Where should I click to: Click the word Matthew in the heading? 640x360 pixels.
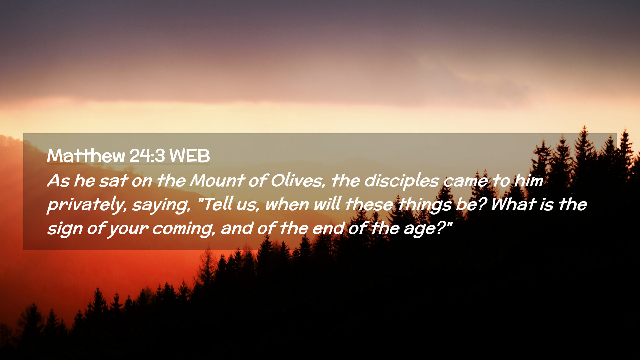click(86, 155)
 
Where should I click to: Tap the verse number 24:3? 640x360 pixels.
click(147, 155)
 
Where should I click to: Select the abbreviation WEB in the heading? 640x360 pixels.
click(189, 155)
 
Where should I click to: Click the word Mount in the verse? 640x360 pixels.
click(217, 181)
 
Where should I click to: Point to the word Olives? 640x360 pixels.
click(297, 181)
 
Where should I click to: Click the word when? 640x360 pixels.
click(287, 205)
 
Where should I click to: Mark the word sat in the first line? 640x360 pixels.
click(113, 181)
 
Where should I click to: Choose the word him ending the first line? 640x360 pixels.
click(529, 181)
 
